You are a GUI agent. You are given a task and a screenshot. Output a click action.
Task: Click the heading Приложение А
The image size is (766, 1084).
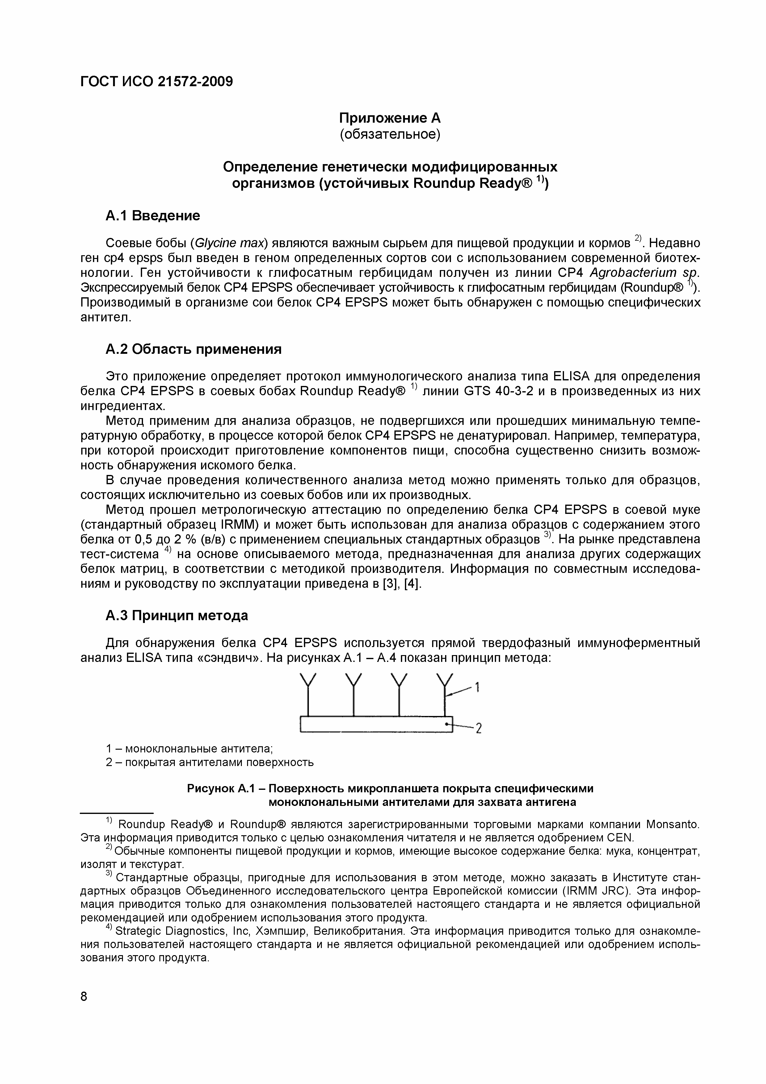(390, 117)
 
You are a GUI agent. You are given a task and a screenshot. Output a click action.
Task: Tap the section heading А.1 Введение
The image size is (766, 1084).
(153, 216)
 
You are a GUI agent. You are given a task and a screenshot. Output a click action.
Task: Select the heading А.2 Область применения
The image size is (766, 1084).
(193, 349)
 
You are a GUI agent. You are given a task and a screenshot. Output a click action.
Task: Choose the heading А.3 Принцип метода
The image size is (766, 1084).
(176, 616)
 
